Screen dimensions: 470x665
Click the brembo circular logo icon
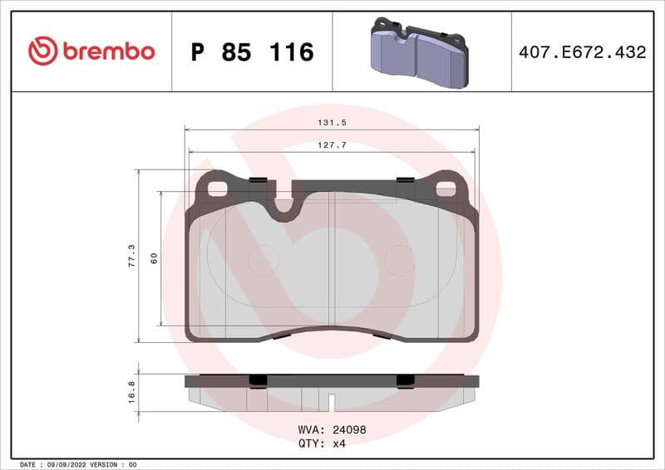pos(42,51)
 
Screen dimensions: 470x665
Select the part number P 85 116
pos(252,52)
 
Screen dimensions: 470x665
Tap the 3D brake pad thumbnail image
pos(419,51)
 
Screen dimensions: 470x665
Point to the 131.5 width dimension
pos(332,122)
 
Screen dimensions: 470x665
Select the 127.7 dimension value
pos(332,144)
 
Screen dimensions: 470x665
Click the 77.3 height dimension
pos(131,255)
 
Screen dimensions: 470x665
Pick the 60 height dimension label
pos(153,258)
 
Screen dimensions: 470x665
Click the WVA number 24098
pos(349,430)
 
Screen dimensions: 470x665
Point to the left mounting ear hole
pos(217,188)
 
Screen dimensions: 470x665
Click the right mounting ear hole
pos(446,188)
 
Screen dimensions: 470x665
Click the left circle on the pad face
pos(265,259)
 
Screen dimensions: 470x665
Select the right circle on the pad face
pos(399,259)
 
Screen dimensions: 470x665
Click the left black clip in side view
pos(258,380)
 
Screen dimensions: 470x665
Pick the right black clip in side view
pos(406,380)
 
